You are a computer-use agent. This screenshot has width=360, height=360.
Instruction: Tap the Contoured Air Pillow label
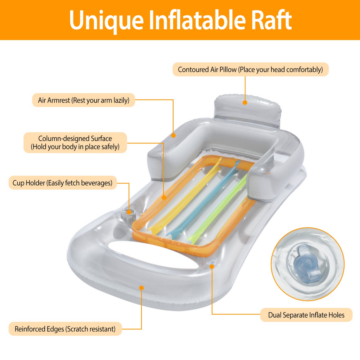(250, 70)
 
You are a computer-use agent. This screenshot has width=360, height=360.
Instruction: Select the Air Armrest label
(84, 100)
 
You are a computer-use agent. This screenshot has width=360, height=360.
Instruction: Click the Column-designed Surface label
(75, 142)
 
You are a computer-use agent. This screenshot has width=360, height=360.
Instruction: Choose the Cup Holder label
(63, 183)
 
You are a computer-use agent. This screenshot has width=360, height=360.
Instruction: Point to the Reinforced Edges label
(65, 329)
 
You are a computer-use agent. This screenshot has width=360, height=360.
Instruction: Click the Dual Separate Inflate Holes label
(306, 315)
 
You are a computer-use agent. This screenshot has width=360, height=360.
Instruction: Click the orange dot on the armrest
(173, 135)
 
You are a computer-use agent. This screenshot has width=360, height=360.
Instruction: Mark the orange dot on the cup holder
(129, 212)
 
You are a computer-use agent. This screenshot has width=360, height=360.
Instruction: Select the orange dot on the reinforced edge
(141, 288)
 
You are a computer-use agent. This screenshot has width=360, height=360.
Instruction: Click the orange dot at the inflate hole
(212, 266)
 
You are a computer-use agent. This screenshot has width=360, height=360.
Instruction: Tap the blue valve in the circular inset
(304, 263)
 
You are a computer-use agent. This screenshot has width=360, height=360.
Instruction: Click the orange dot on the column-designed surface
(163, 198)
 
